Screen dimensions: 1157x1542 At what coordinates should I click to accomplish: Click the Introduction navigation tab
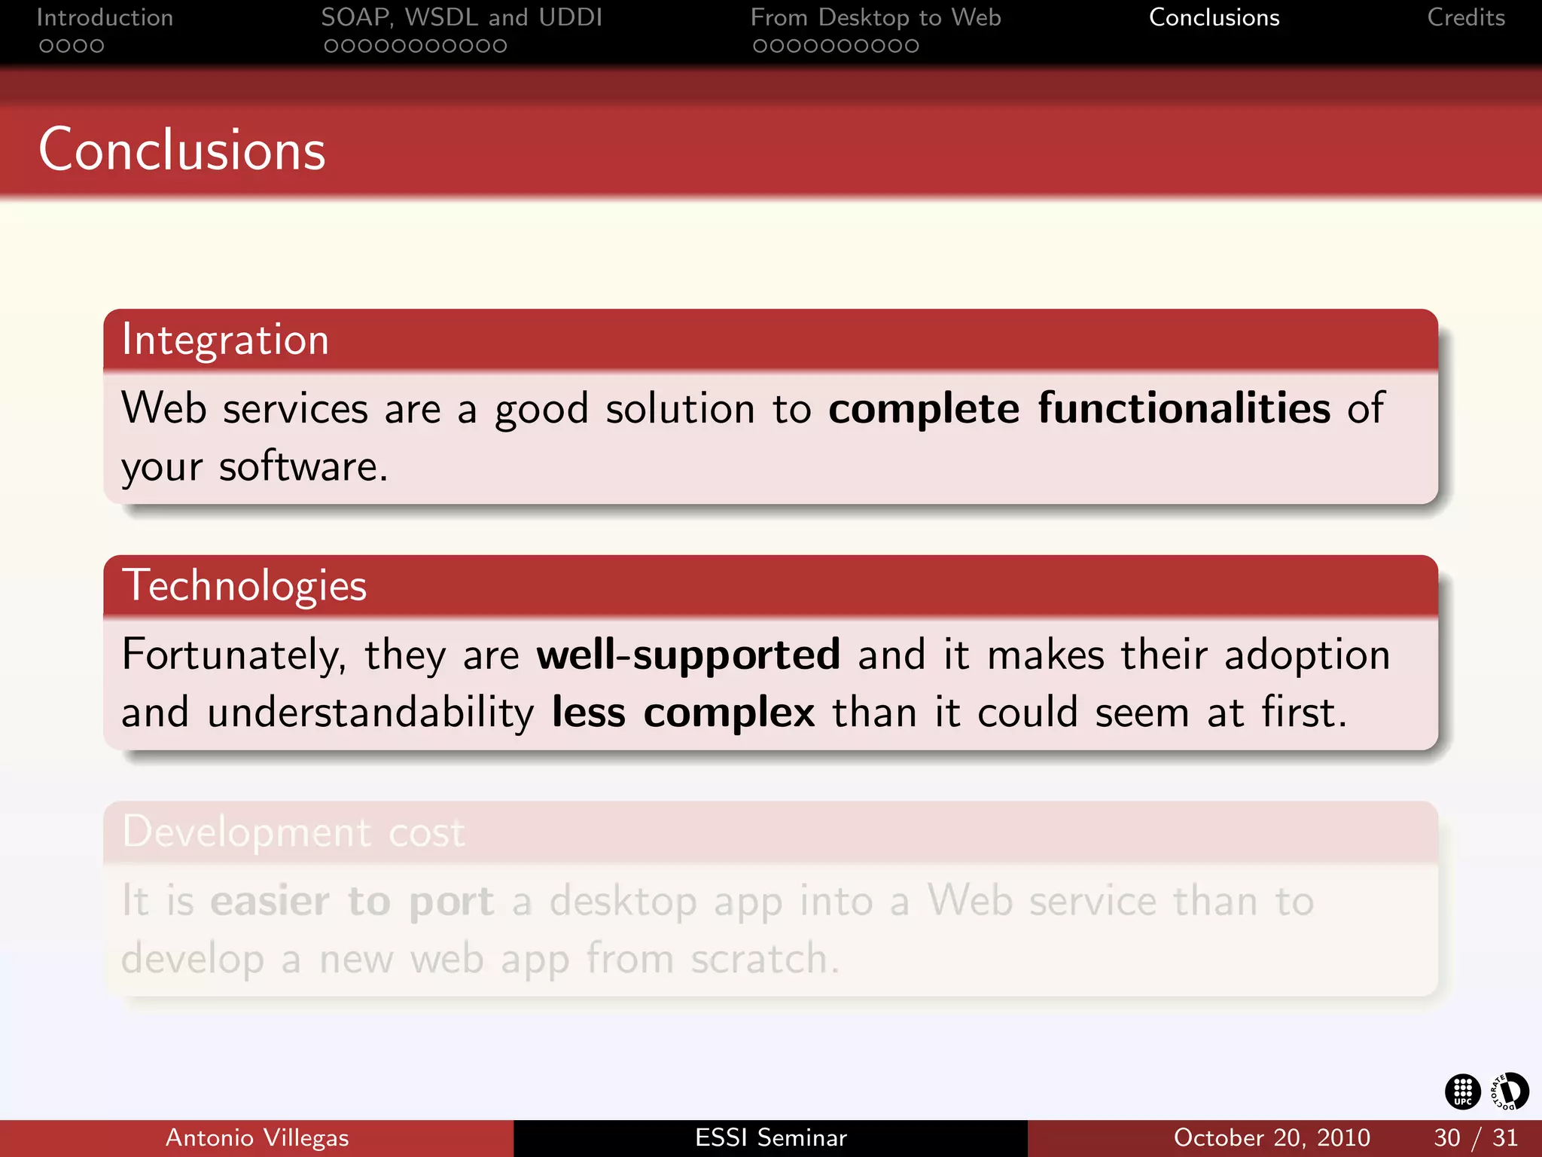pos(105,17)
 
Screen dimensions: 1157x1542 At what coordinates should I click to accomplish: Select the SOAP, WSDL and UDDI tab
pos(462,17)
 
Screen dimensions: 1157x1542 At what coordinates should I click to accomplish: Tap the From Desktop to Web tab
pos(875,17)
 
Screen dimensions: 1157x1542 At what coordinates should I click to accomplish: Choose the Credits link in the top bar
pos(1465,17)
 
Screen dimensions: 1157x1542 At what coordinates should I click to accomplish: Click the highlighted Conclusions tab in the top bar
pos(1214,17)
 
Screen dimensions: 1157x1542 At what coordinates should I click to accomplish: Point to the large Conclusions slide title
pos(182,150)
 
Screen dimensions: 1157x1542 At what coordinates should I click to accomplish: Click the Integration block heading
pos(225,340)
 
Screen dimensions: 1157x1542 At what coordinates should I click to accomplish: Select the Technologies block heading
pos(244,586)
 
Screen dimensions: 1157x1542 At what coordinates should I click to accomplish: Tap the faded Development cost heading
pos(294,832)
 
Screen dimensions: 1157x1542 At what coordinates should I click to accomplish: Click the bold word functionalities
pos(1184,408)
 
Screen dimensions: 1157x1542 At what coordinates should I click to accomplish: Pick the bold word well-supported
pos(687,654)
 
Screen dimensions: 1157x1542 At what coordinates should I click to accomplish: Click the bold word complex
pos(729,713)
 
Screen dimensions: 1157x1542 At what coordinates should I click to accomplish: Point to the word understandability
pos(370,713)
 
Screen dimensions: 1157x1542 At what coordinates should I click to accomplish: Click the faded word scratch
pos(763,959)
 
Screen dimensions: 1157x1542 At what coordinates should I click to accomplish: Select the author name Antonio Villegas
pos(257,1137)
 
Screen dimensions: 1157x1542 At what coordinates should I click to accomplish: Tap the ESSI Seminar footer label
pos(770,1137)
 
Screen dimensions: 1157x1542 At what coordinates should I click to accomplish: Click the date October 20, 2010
pos(1271,1137)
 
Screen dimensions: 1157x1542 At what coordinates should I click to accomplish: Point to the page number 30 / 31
pos(1475,1137)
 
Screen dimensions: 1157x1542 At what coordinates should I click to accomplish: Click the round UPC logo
pos(1462,1091)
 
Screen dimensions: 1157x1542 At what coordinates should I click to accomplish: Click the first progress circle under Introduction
pos(46,46)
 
